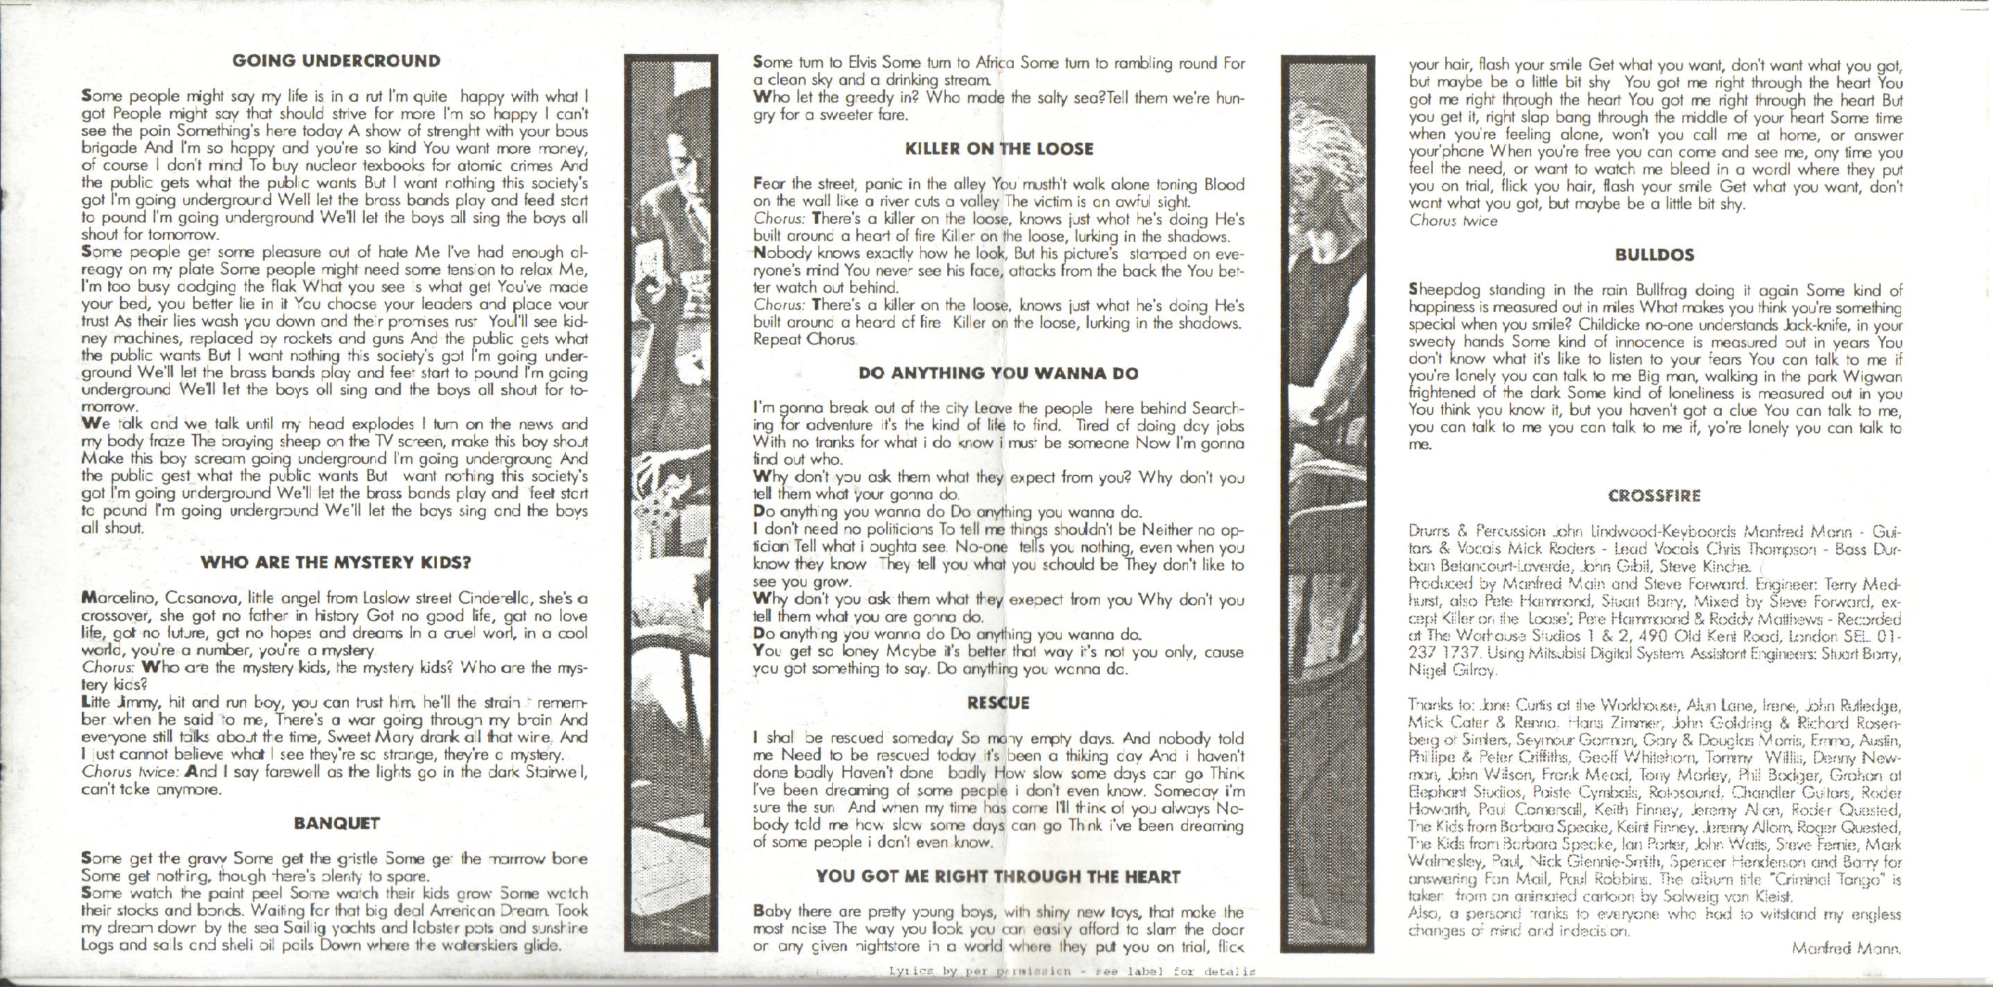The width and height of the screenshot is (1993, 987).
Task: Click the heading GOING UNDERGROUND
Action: coord(336,61)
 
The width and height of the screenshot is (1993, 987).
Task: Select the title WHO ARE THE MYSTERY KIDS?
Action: coord(336,562)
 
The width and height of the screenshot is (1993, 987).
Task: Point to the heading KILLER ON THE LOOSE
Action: coord(999,149)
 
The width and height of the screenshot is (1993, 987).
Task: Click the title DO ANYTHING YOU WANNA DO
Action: coord(999,373)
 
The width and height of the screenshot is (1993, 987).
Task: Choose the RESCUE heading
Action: coord(999,703)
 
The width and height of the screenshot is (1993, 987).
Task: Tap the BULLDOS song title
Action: coord(1654,255)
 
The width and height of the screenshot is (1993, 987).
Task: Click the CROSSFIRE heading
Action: coord(1654,496)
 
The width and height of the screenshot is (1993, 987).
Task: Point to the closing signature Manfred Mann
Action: coord(1845,970)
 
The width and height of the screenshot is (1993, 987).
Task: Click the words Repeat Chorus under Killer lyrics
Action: coord(805,339)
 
